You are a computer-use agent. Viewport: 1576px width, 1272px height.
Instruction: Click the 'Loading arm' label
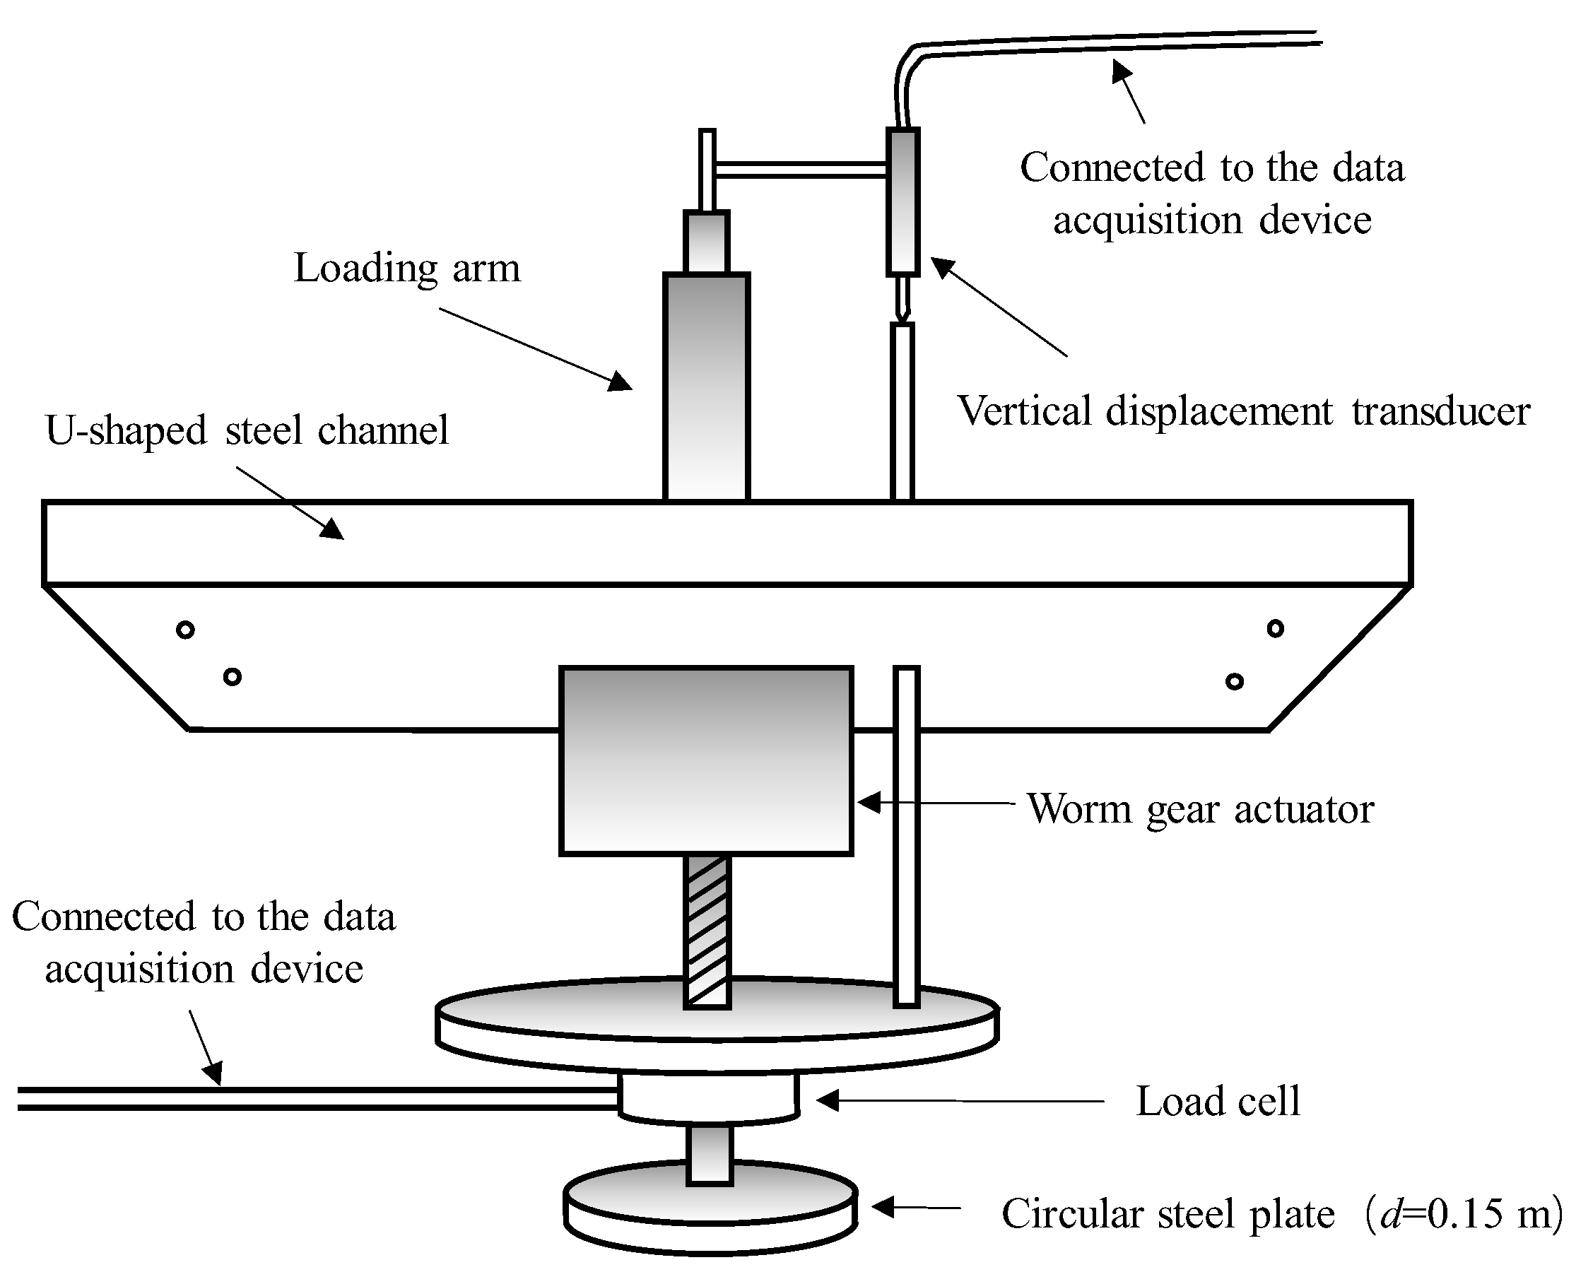pyautogui.click(x=406, y=268)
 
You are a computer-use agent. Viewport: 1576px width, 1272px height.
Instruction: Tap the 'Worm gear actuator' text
pyautogui.click(x=1200, y=809)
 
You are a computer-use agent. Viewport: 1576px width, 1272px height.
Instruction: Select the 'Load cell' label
pyautogui.click(x=1218, y=1101)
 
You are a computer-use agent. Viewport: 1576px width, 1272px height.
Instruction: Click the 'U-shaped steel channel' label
pyautogui.click(x=247, y=430)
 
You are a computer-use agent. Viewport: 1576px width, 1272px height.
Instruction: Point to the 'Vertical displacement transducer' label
pyautogui.click(x=1243, y=411)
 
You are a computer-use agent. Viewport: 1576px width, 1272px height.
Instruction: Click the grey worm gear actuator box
pyautogui.click(x=705, y=760)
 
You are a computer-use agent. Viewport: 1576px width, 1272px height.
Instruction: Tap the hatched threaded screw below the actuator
pyautogui.click(x=707, y=931)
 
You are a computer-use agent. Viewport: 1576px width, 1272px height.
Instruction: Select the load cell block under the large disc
pyautogui.click(x=707, y=1097)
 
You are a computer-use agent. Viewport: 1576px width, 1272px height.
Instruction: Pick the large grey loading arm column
pyautogui.click(x=706, y=387)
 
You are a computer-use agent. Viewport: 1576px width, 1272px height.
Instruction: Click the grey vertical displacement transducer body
pyautogui.click(x=902, y=201)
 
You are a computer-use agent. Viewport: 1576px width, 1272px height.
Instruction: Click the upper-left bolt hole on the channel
pyautogui.click(x=185, y=630)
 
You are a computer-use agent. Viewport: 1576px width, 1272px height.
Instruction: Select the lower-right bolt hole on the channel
pyautogui.click(x=1234, y=682)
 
